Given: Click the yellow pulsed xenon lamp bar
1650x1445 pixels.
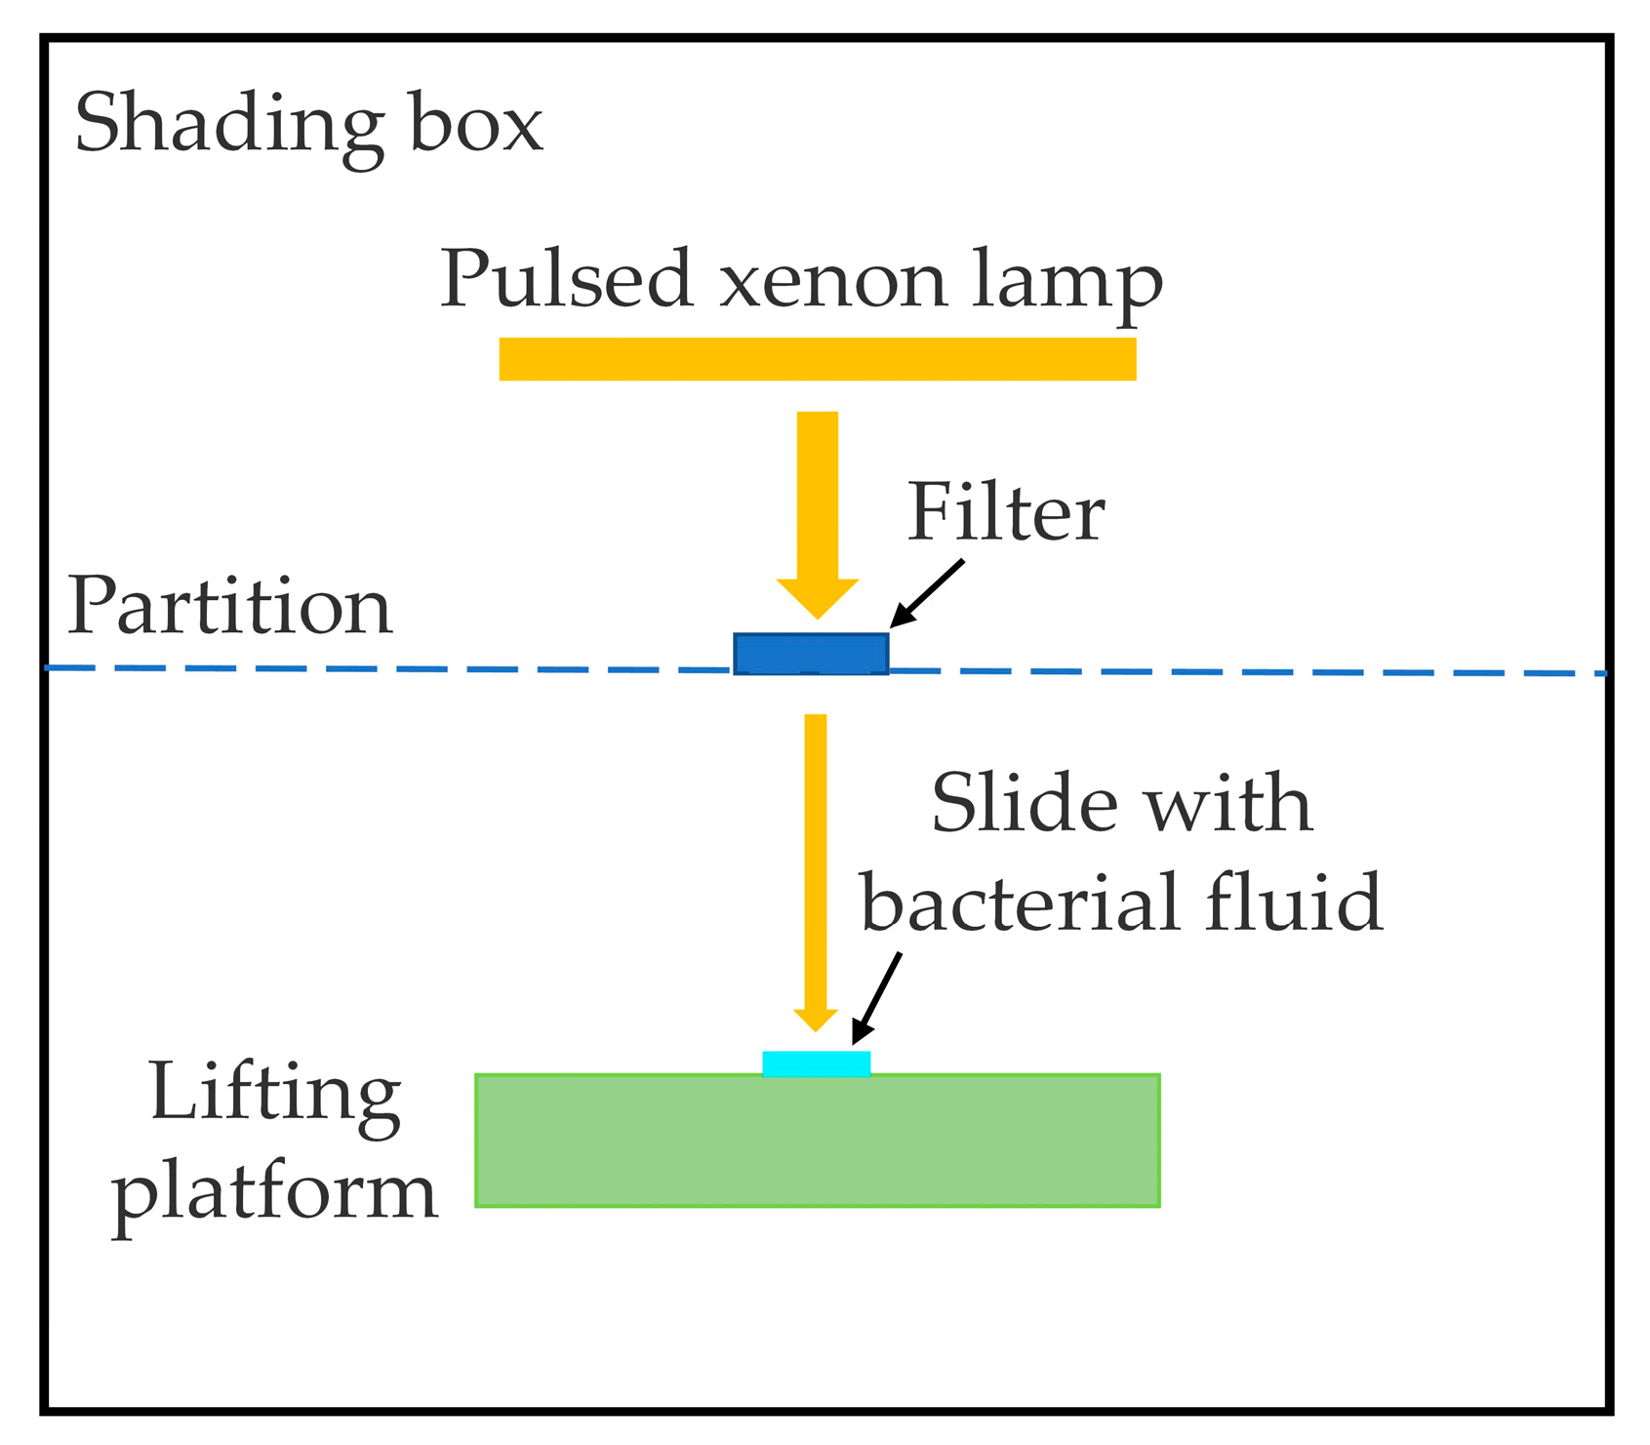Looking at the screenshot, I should click(817, 359).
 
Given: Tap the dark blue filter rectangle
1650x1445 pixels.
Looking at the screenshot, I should click(811, 654).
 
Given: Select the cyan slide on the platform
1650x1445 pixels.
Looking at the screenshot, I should click(816, 1064).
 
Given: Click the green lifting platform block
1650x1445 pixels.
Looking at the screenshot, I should click(817, 1142).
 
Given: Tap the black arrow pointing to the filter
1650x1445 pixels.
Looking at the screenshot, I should click(927, 593).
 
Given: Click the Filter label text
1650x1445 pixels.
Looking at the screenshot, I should click(1005, 512).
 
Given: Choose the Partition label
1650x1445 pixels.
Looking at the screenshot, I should click(229, 607).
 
